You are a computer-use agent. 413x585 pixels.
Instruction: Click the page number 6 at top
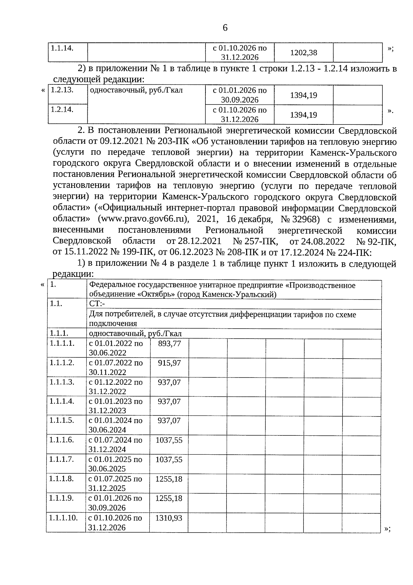225,28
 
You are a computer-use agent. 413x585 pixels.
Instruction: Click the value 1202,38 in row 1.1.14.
304,53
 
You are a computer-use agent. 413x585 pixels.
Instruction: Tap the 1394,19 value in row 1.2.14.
304,115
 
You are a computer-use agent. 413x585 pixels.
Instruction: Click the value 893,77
169,344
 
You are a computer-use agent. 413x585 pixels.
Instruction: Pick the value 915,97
169,363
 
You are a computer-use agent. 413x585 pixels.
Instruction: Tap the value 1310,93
169,518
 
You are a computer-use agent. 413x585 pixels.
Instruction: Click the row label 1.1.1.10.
64,518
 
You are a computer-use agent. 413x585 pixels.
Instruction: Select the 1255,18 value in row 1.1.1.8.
169,479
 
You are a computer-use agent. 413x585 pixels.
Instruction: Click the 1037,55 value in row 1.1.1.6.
169,440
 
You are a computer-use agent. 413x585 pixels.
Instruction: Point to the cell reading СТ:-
97,304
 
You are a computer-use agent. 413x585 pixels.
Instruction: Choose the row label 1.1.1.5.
62,421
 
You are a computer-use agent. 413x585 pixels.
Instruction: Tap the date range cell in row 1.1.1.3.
116,387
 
